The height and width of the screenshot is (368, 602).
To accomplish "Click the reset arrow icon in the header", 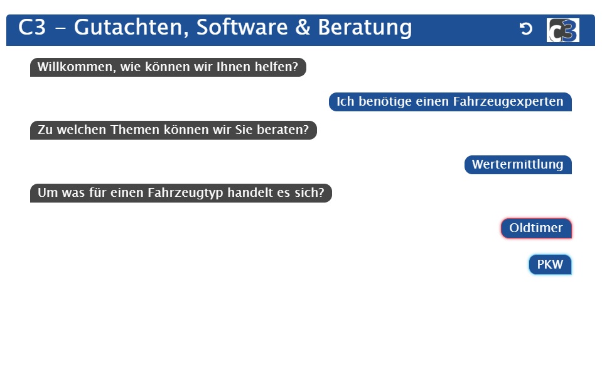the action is (526, 28).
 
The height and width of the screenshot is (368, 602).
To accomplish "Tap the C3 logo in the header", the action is (563, 30).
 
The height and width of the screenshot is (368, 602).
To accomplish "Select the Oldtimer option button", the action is (536, 228).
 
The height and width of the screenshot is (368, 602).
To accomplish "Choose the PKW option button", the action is (550, 264).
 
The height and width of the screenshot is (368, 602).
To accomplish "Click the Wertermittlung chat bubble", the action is (518, 164).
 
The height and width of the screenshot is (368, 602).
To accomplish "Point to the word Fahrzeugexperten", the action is (508, 102).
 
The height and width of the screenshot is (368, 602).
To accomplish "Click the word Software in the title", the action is (242, 27).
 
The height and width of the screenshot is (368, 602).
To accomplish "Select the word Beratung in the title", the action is (365, 28).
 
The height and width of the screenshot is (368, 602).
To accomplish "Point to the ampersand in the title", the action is (303, 27).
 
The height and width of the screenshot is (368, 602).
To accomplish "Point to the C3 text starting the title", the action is (32, 27).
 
